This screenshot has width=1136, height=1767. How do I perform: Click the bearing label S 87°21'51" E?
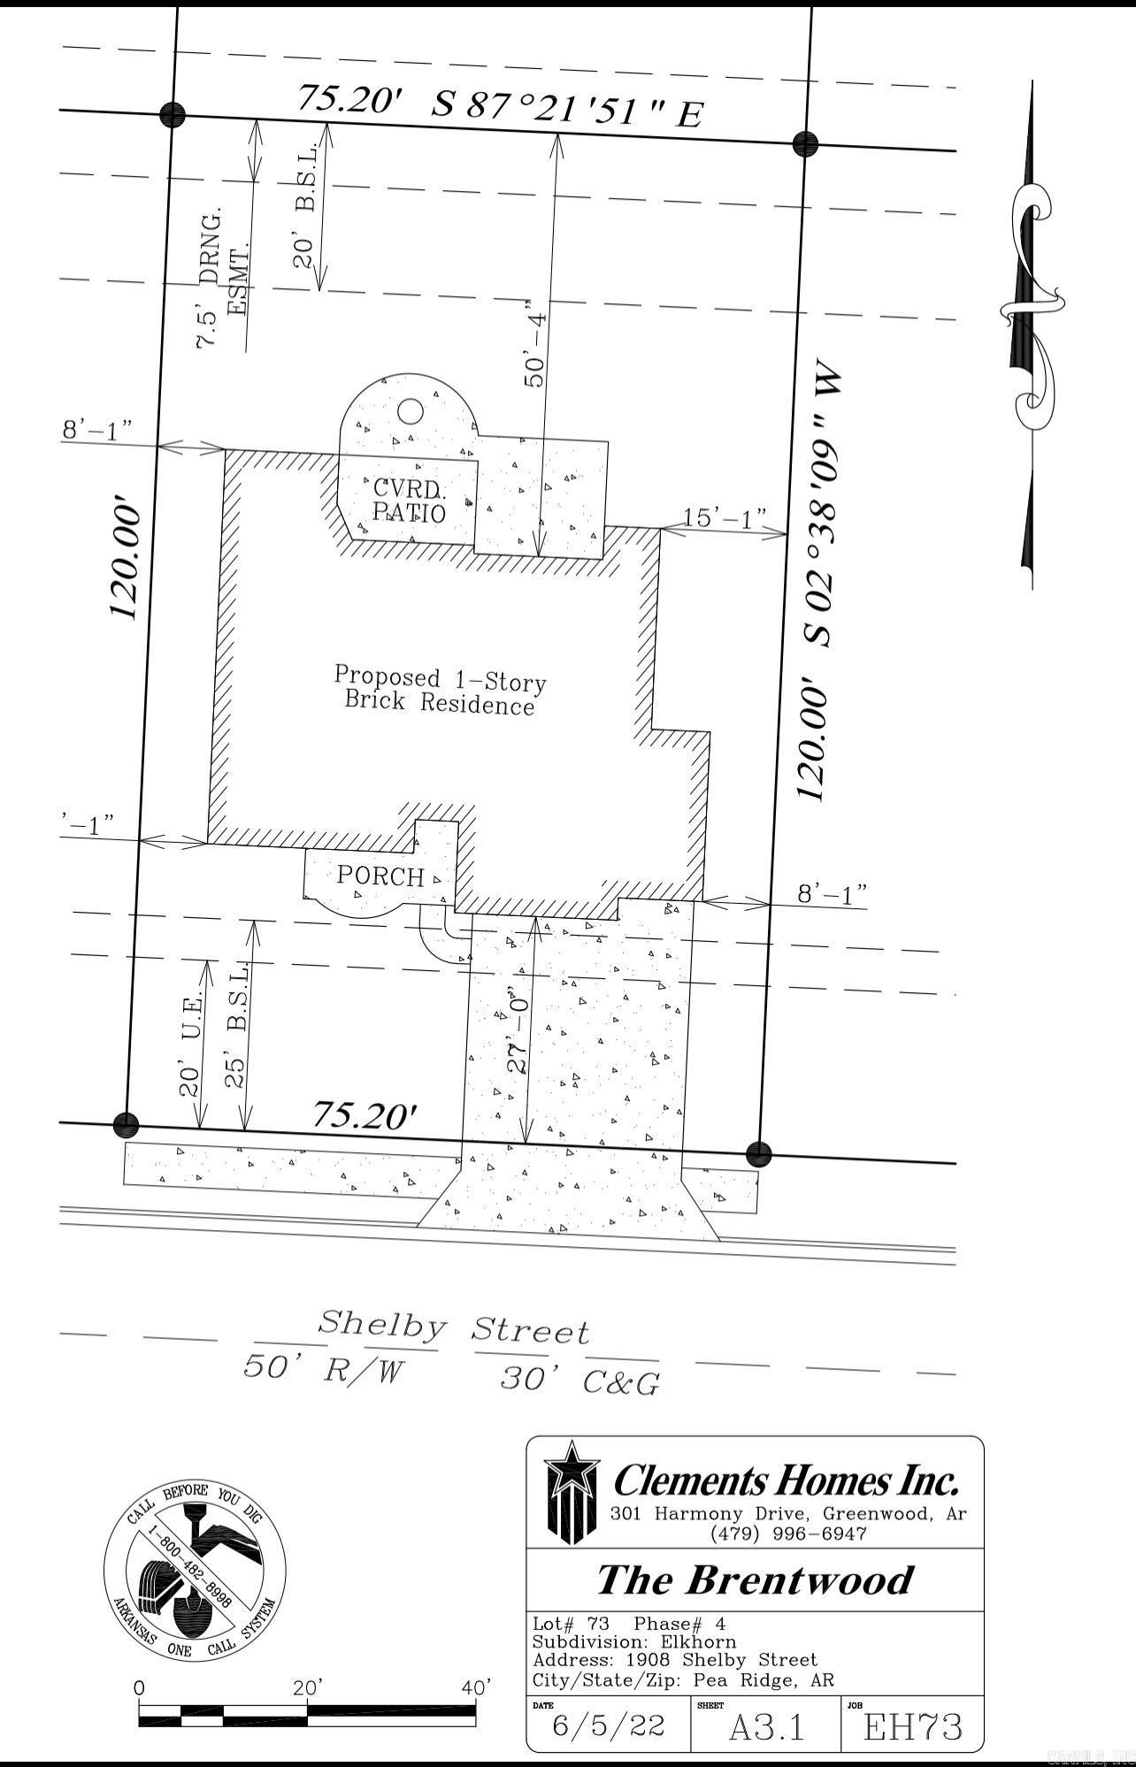(x=567, y=110)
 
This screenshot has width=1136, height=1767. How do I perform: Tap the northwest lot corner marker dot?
(x=173, y=113)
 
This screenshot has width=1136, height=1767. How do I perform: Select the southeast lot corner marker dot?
(x=759, y=1153)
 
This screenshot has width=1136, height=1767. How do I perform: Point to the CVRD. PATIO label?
(x=409, y=500)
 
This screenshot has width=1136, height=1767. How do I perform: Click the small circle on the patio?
(x=410, y=411)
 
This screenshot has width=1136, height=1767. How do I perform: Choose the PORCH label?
(x=380, y=876)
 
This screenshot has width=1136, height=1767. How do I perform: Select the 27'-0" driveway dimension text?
(x=518, y=1035)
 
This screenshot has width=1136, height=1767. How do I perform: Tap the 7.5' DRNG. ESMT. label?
(x=223, y=279)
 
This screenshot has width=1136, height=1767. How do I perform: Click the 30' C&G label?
(x=580, y=1381)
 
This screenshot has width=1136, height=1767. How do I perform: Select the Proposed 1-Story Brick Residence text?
(x=440, y=690)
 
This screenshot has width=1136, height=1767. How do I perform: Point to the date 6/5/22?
(x=607, y=1725)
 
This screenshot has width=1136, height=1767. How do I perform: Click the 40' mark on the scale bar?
(x=476, y=1687)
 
